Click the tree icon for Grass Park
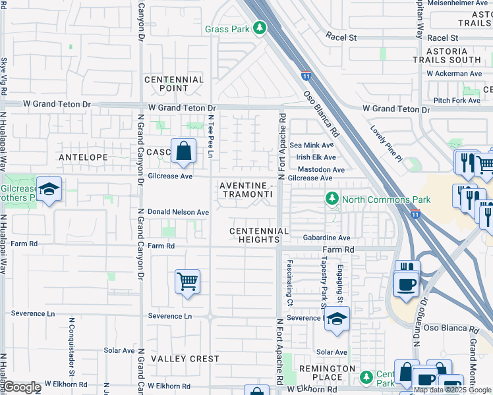click(x=260, y=28)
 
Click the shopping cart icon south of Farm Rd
click(x=188, y=282)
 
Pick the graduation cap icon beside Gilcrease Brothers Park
click(x=49, y=190)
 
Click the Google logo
click(x=22, y=387)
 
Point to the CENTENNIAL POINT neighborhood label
click(x=175, y=84)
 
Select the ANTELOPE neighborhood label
click(x=83, y=157)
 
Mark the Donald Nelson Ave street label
click(x=178, y=213)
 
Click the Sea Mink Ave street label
click(x=312, y=145)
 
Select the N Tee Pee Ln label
click(x=211, y=136)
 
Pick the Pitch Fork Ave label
click(x=457, y=101)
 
